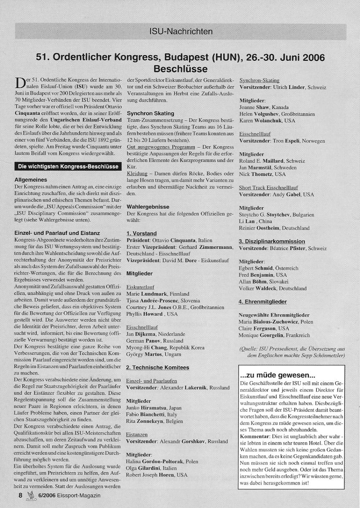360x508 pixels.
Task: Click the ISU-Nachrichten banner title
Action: [181, 32]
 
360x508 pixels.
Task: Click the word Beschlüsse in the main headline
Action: [180, 69]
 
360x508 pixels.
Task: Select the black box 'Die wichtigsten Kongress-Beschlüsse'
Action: [68, 167]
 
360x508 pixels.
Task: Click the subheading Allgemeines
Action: [31, 180]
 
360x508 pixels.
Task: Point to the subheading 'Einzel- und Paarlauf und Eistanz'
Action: [57, 233]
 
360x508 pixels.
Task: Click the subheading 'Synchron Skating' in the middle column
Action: [150, 113]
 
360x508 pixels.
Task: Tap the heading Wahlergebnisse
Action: [148, 207]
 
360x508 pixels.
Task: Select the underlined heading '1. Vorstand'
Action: [141, 233]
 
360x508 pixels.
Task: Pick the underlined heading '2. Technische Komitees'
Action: [157, 368]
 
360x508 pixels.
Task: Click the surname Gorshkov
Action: [194, 441]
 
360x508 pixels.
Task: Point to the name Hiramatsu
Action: [154, 408]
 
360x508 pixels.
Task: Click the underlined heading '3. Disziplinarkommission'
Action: [272, 241]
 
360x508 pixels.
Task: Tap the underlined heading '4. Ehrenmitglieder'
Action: [263, 302]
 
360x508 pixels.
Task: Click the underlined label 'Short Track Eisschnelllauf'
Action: [269, 188]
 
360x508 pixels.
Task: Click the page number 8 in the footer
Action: [21, 495]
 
